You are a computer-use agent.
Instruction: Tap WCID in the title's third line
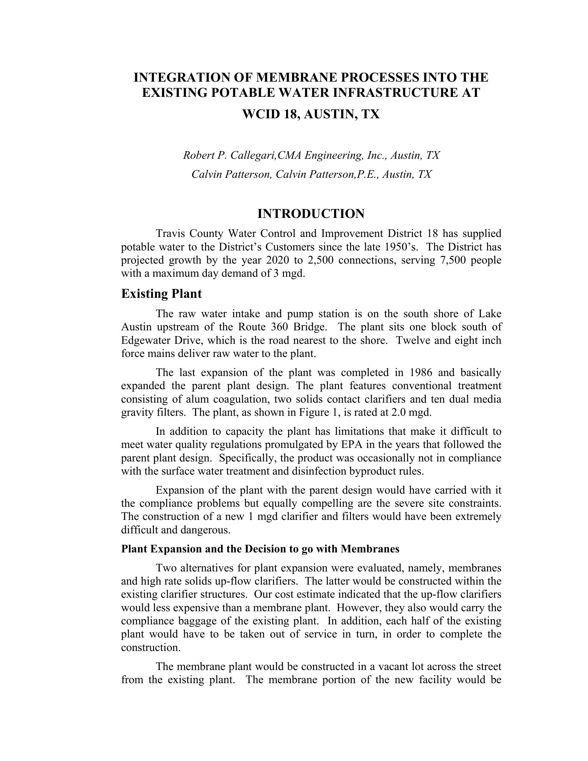(x=260, y=114)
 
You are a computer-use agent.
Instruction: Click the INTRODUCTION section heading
(x=311, y=213)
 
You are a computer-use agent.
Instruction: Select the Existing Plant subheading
(x=161, y=294)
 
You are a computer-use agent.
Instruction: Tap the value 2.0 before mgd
(x=399, y=412)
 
